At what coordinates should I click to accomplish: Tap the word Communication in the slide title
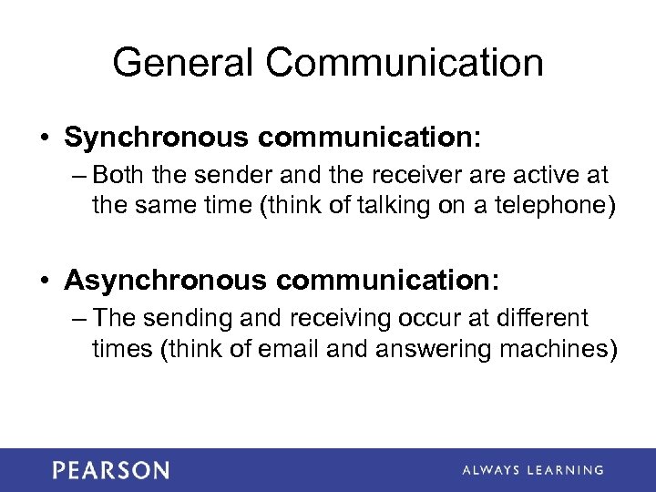(x=405, y=63)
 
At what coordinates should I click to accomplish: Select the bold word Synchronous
(x=157, y=138)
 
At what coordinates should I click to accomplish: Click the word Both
(x=117, y=173)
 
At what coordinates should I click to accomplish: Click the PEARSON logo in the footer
(x=110, y=470)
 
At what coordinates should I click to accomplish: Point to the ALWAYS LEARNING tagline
(x=533, y=470)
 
